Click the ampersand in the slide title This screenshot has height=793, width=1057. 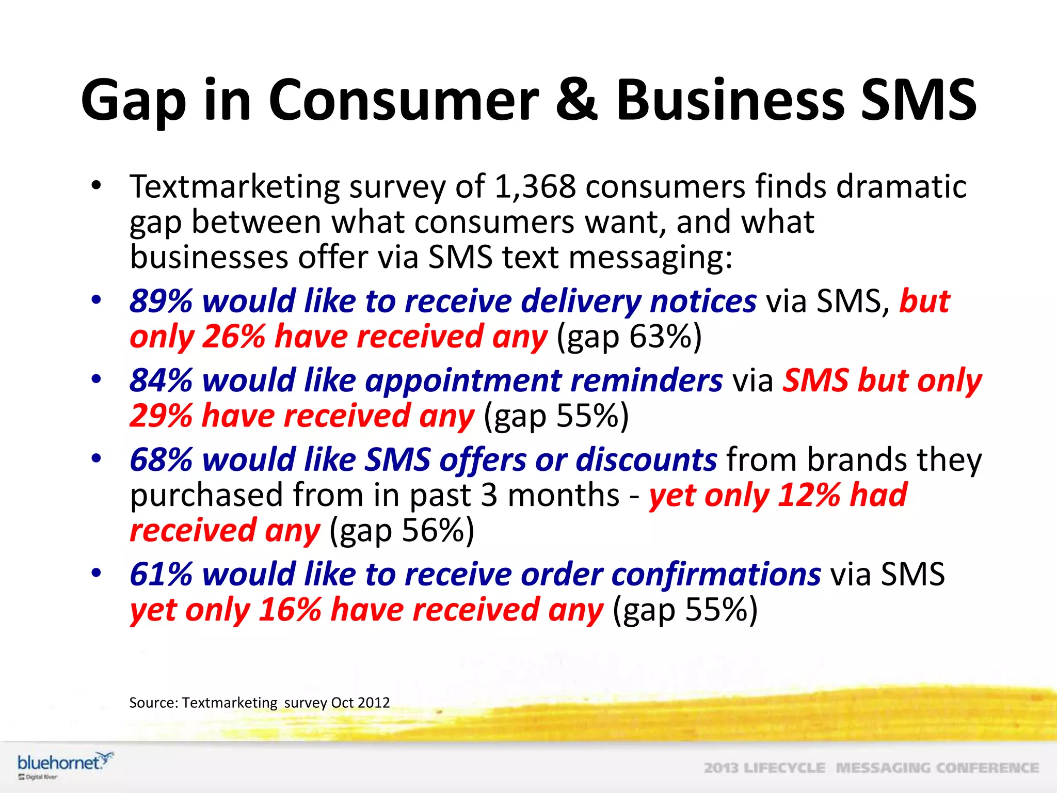pyautogui.click(x=577, y=99)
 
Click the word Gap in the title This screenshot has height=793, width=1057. pyautogui.click(x=133, y=101)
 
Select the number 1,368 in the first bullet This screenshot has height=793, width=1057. pyautogui.click(x=535, y=186)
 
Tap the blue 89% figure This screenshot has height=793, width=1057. pyautogui.click(x=161, y=301)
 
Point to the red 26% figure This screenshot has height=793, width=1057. pyautogui.click(x=233, y=337)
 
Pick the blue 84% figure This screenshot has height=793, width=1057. pyautogui.click(x=161, y=380)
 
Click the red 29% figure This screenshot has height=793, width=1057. pyautogui.click(x=161, y=416)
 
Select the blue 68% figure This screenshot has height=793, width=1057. pyautogui.click(x=161, y=459)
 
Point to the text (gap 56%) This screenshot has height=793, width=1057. pyautogui.click(x=402, y=531)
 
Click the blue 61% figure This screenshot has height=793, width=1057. pyautogui.click(x=161, y=574)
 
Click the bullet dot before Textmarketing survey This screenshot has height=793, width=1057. pyautogui.click(x=96, y=186)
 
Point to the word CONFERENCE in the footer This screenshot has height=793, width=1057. pyautogui.click(x=987, y=768)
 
